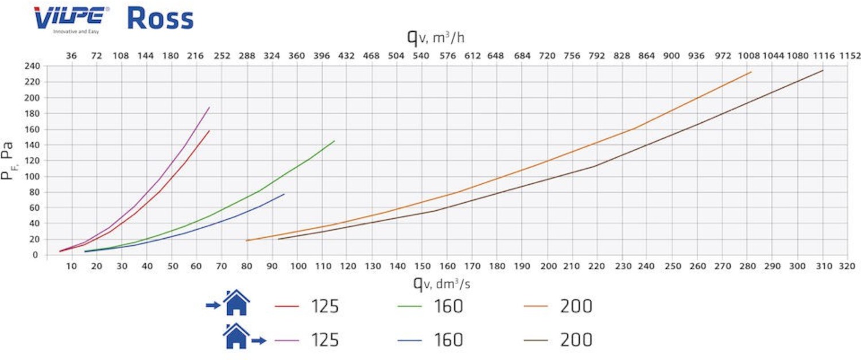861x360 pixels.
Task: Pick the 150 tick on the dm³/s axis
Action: click(x=422, y=267)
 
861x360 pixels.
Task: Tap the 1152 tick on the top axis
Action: click(x=850, y=56)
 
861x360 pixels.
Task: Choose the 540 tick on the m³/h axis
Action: click(x=421, y=56)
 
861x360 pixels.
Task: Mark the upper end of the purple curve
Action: click(x=210, y=107)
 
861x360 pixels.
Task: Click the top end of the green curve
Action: click(x=334, y=141)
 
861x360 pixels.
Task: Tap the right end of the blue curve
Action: click(x=284, y=194)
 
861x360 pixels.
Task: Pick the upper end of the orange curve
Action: click(x=751, y=72)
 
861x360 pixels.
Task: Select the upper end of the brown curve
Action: click(x=823, y=70)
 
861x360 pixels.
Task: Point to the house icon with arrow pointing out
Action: click(x=236, y=336)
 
